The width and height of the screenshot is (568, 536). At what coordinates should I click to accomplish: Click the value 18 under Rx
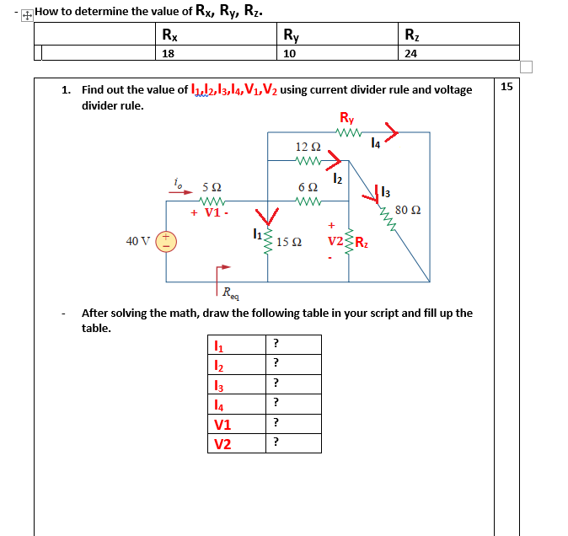[x=168, y=53]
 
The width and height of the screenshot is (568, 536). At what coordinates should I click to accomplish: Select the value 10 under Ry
[x=290, y=53]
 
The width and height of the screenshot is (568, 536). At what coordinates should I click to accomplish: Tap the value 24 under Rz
[x=411, y=53]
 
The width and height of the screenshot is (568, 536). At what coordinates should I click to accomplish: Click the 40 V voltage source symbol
[x=166, y=242]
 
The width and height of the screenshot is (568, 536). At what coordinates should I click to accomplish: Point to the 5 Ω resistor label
[x=212, y=186]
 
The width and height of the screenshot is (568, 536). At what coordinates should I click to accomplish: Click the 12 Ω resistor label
[x=306, y=147]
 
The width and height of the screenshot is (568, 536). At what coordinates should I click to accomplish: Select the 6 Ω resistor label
[x=307, y=186]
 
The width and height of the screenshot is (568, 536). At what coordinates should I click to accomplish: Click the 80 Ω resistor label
[x=407, y=209]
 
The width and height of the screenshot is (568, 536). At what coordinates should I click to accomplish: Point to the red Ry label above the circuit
[x=346, y=118]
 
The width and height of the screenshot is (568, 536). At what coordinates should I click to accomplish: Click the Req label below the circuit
[x=231, y=294]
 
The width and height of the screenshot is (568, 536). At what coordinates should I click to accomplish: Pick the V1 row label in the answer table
[x=222, y=425]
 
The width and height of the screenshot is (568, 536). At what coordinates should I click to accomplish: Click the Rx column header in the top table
[x=169, y=35]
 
